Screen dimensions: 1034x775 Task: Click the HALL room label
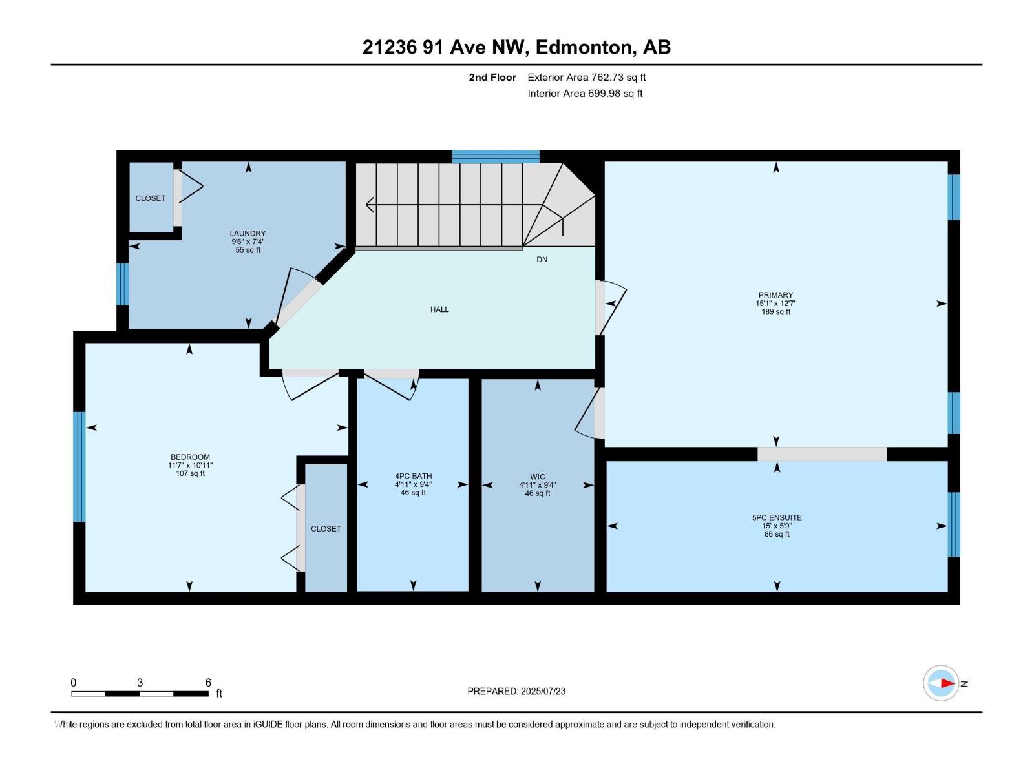pyautogui.click(x=439, y=309)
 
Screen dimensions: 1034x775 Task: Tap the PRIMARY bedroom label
pyautogui.click(x=775, y=295)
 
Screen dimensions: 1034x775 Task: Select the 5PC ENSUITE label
pyautogui.click(x=776, y=517)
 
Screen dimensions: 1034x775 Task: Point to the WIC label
pyautogui.click(x=537, y=477)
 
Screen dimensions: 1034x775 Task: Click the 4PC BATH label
pyautogui.click(x=413, y=476)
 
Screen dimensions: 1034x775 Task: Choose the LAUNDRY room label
pyautogui.click(x=248, y=233)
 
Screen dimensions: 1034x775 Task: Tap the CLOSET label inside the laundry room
pyautogui.click(x=151, y=198)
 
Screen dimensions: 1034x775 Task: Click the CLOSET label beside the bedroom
pyautogui.click(x=326, y=529)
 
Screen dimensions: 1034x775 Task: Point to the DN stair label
pyautogui.click(x=542, y=259)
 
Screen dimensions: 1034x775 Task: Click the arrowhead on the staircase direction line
pyautogui.click(x=370, y=205)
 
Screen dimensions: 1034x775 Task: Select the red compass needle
pyautogui.click(x=947, y=683)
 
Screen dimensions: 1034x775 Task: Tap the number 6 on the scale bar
pyautogui.click(x=207, y=682)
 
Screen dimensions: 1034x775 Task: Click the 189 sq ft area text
pyautogui.click(x=775, y=311)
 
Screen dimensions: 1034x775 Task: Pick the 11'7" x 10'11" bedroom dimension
pyautogui.click(x=190, y=466)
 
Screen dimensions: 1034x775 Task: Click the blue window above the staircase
pyautogui.click(x=496, y=156)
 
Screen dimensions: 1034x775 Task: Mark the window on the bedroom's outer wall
pyautogui.click(x=79, y=467)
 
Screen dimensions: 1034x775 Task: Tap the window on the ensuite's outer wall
pyautogui.click(x=953, y=524)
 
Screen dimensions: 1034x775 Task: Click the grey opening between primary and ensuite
pyautogui.click(x=821, y=454)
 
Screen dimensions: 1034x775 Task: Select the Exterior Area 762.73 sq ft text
pyautogui.click(x=587, y=77)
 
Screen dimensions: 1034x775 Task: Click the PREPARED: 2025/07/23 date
pyautogui.click(x=516, y=691)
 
